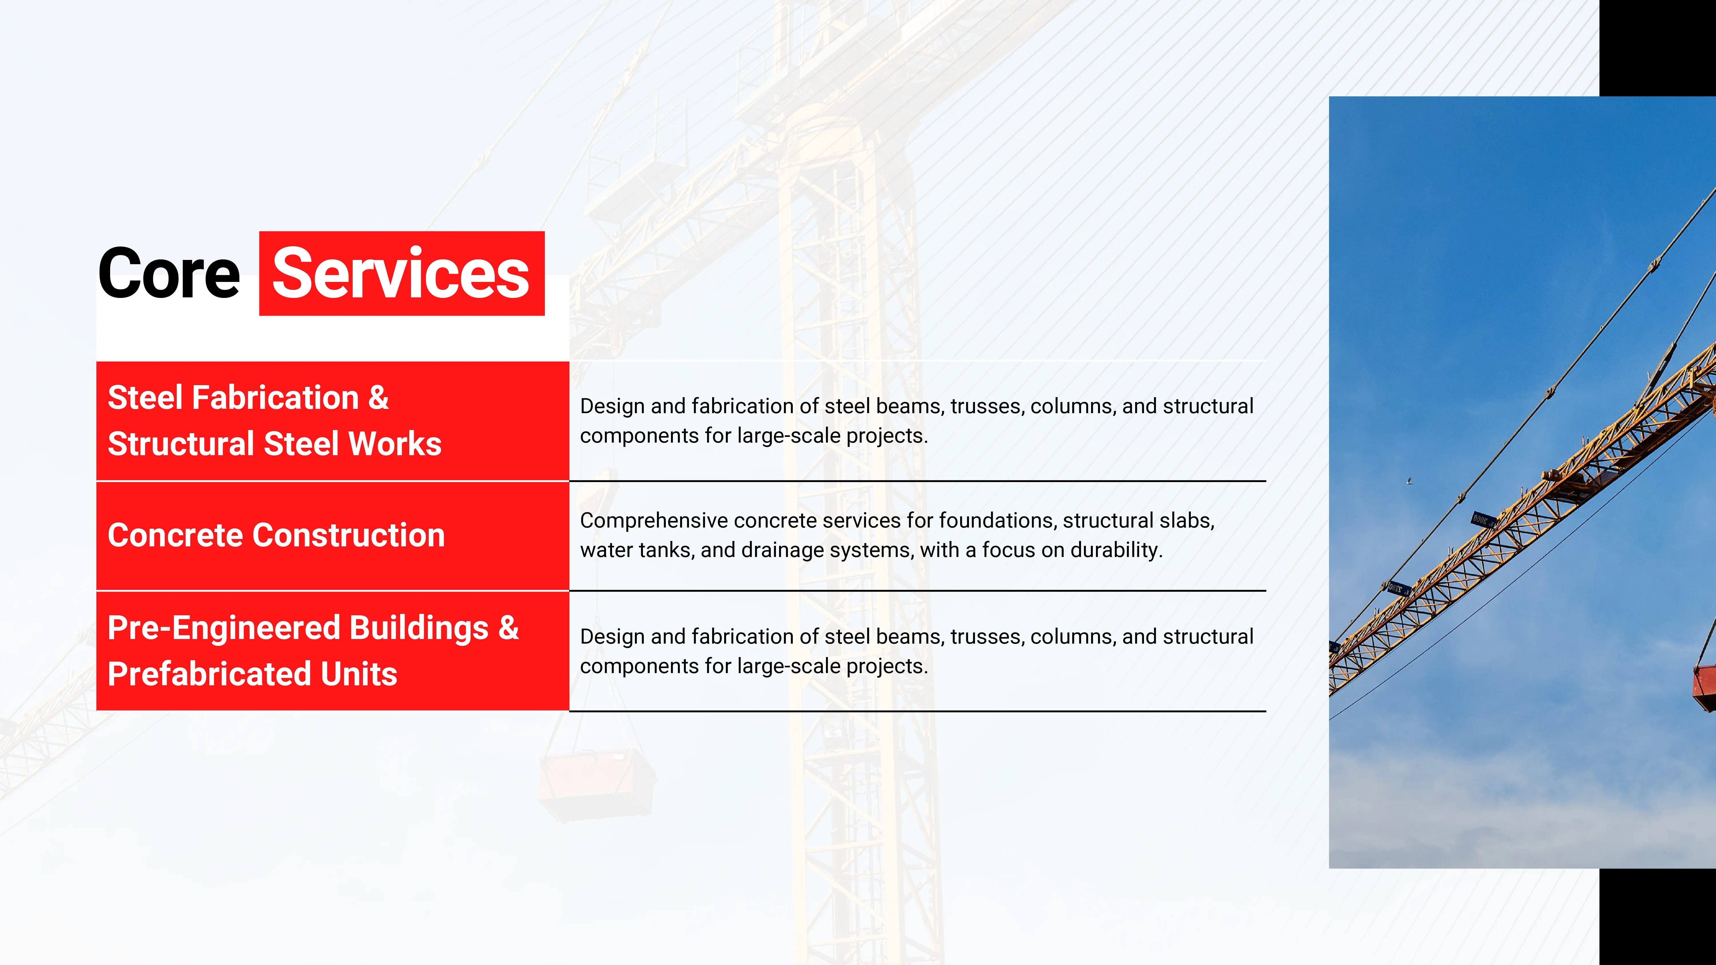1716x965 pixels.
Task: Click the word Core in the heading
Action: [168, 274]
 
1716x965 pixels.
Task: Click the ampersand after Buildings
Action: [508, 627]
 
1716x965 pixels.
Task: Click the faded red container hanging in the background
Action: [596, 786]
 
